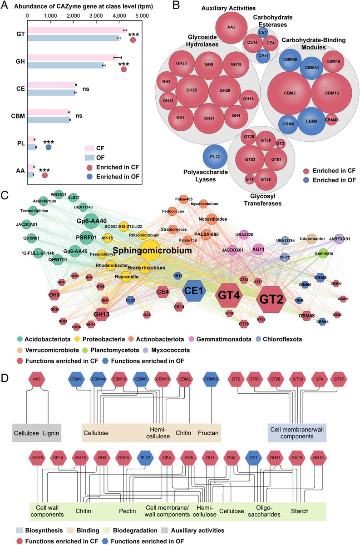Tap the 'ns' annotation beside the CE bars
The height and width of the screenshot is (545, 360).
tap(86, 89)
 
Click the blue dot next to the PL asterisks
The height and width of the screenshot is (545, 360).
tap(48, 147)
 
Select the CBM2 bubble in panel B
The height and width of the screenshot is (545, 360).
tap(287, 93)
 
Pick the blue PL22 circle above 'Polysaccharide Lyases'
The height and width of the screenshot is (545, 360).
tap(215, 157)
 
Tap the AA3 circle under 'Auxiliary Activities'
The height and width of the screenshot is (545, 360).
tap(232, 27)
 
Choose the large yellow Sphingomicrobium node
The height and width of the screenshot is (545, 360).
tap(153, 250)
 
